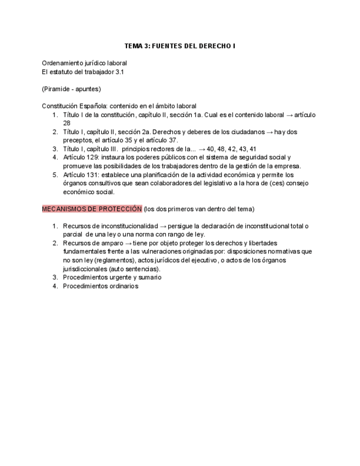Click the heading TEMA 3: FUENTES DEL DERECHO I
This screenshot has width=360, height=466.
click(180, 46)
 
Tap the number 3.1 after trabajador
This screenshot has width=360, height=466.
click(119, 71)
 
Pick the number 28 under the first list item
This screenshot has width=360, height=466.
click(67, 123)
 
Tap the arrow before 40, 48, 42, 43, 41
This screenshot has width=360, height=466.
click(202, 148)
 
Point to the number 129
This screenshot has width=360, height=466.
click(91, 157)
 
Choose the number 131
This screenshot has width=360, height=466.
click(91, 175)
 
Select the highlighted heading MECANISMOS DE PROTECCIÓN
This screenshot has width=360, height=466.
click(92, 209)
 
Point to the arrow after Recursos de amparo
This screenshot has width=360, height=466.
click(128, 243)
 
